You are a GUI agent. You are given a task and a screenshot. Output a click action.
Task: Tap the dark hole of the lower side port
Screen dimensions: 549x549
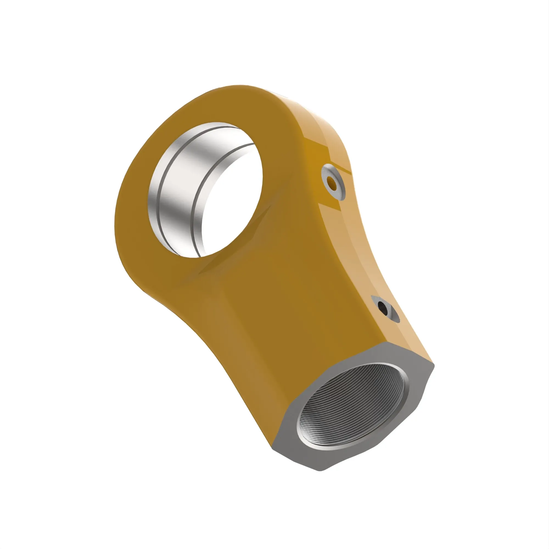point(382,307)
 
